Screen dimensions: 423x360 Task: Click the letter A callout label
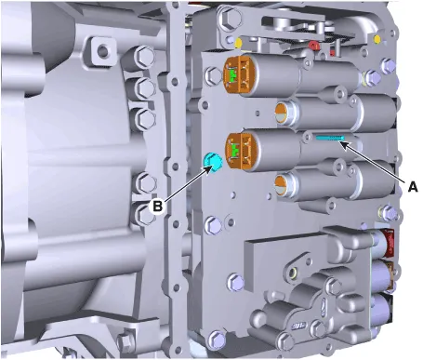(x=413, y=187)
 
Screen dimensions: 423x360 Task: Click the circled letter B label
(x=157, y=206)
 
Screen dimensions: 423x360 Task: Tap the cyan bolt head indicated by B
(x=212, y=162)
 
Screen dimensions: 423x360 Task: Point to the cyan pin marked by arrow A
(x=331, y=138)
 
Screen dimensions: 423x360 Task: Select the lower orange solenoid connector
(x=239, y=151)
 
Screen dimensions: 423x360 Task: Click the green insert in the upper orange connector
(x=231, y=74)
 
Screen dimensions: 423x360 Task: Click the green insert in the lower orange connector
(x=235, y=151)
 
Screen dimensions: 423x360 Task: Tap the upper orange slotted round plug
(x=282, y=113)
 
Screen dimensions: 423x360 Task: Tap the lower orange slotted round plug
(x=281, y=186)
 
